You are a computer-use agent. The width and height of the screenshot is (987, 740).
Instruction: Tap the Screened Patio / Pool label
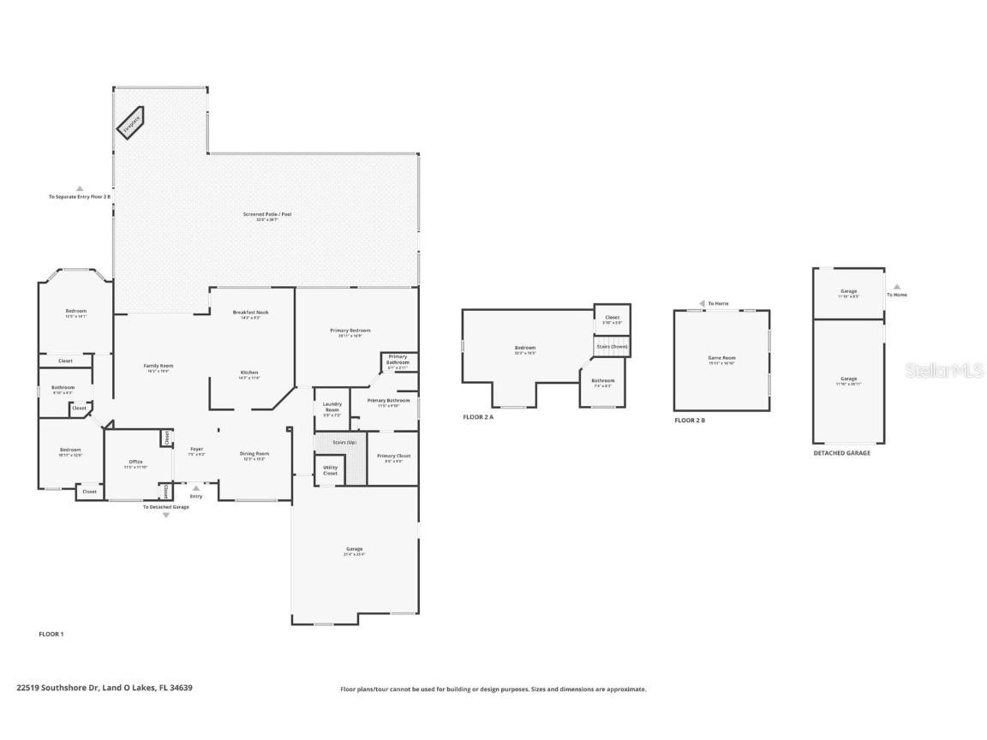(x=266, y=216)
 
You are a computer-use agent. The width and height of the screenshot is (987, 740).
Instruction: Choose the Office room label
(x=135, y=463)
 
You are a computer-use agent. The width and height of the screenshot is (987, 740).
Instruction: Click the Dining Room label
(x=254, y=455)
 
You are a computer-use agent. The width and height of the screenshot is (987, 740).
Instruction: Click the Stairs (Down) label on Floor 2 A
(x=612, y=346)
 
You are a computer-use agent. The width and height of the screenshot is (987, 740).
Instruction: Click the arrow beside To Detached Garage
(x=165, y=516)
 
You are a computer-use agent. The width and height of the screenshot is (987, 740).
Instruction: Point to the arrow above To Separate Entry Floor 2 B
(x=80, y=188)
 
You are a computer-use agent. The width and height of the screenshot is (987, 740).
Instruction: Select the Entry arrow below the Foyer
(x=196, y=488)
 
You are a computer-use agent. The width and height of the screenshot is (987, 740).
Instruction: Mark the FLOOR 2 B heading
(x=690, y=421)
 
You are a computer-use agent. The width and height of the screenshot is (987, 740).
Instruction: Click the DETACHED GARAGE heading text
(x=841, y=452)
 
